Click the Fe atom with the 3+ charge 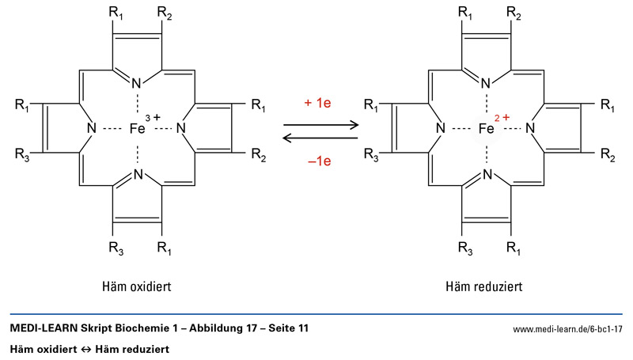(137, 127)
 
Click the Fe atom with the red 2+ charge (486, 127)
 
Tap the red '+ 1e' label (319, 104)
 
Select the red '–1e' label (319, 159)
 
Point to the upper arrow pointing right (320, 123)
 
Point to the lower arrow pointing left (320, 138)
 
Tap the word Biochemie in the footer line (135, 328)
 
